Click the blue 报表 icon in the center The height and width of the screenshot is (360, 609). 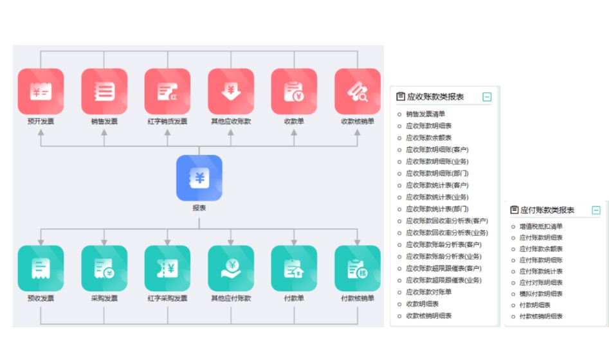(x=199, y=178)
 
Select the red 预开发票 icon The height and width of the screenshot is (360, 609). (x=41, y=91)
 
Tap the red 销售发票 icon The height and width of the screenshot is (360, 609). (x=104, y=91)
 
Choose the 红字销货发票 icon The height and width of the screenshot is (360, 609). (x=167, y=91)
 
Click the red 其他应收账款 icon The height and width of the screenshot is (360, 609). (x=231, y=91)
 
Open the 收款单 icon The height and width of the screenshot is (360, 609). (x=294, y=91)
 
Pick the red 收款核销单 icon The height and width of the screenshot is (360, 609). (x=358, y=91)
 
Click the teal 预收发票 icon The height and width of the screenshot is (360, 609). (x=41, y=269)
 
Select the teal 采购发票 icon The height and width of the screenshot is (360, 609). (x=104, y=269)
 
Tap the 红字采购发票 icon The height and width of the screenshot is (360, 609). (x=167, y=269)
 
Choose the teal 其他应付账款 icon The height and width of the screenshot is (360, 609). (x=231, y=269)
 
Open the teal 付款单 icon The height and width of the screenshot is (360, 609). (x=294, y=269)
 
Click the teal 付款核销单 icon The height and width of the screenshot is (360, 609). (x=358, y=269)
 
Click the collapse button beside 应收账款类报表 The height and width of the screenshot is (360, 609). (x=487, y=97)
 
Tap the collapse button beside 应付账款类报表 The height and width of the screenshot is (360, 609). (x=596, y=210)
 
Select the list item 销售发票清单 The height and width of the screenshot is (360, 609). (x=425, y=114)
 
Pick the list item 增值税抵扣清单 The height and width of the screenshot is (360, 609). (x=541, y=226)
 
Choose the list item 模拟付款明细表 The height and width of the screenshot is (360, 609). (x=541, y=294)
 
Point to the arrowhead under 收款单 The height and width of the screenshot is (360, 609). (x=294, y=132)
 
